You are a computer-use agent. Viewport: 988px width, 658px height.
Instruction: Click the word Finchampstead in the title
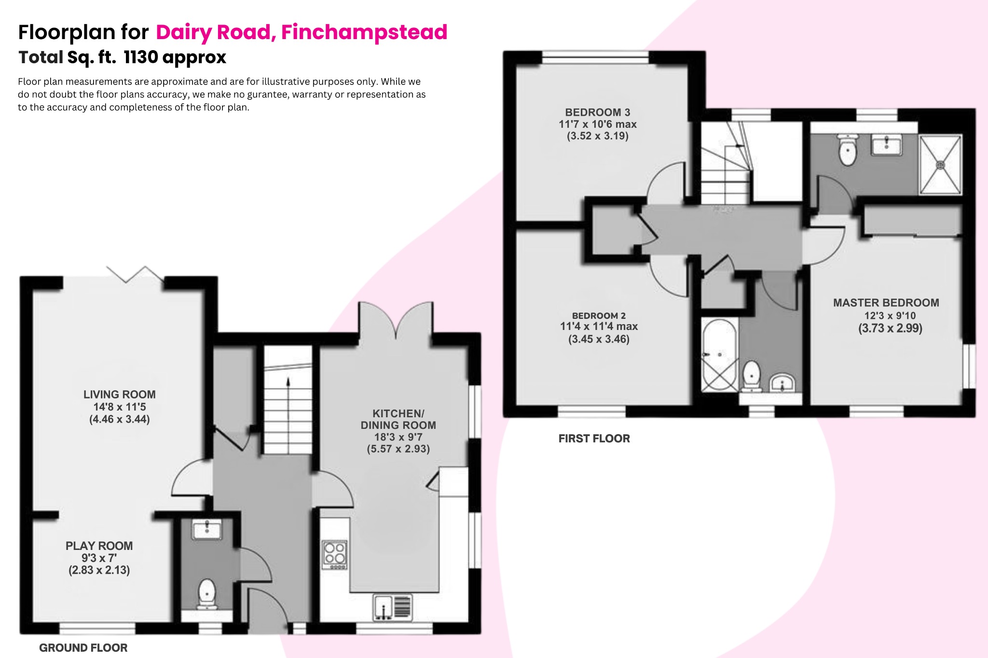click(x=364, y=32)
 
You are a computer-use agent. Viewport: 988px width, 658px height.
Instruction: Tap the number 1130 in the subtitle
click(x=141, y=57)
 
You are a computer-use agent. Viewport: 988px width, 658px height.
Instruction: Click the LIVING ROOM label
click(x=119, y=395)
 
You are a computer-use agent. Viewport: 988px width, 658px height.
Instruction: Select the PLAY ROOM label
click(x=99, y=546)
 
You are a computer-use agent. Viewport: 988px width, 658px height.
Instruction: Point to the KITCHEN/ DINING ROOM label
click(x=398, y=420)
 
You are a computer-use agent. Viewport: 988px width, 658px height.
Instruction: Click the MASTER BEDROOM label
click(x=886, y=303)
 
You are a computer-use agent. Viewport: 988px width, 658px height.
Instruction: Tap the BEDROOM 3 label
click(x=597, y=112)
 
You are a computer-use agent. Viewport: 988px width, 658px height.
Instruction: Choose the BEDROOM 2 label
click(x=599, y=315)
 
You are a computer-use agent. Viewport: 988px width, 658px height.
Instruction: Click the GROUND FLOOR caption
click(x=83, y=648)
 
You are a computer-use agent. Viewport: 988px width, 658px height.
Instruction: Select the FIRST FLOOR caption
click(x=594, y=439)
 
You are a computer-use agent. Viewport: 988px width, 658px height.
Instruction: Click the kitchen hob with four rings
click(x=335, y=554)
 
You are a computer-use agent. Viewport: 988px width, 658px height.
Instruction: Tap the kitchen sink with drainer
click(x=393, y=607)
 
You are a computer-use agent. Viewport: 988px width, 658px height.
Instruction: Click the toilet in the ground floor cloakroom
click(x=207, y=593)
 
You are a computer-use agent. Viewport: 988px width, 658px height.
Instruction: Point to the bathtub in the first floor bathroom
click(x=719, y=355)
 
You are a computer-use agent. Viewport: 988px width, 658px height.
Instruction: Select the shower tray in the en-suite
click(x=940, y=165)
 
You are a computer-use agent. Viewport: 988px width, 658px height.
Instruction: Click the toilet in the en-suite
click(x=848, y=150)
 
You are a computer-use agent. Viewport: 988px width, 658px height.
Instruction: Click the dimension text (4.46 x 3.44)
click(x=119, y=419)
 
